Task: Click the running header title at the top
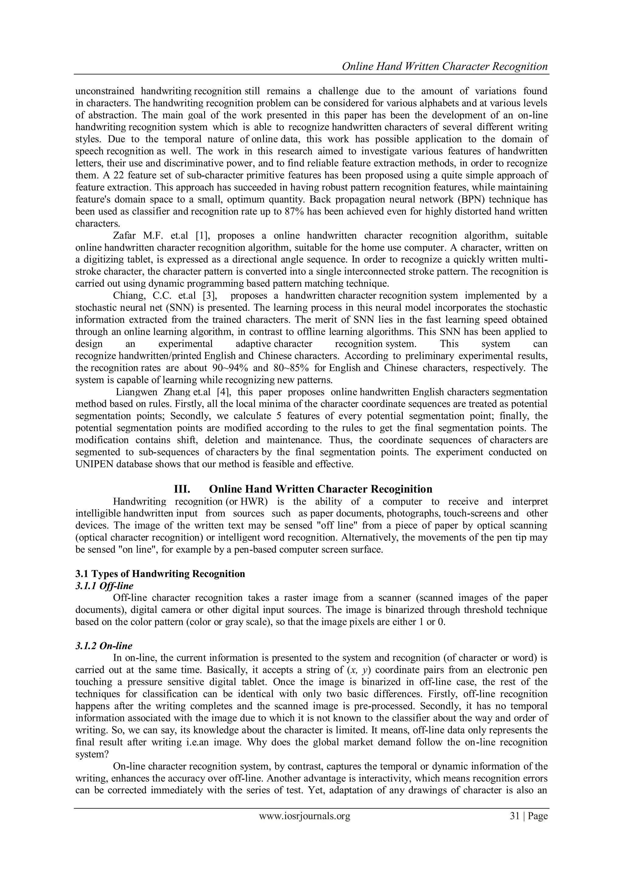pos(444,66)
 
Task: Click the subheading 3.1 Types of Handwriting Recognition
pos(160,574)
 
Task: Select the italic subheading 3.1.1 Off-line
pos(104,586)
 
